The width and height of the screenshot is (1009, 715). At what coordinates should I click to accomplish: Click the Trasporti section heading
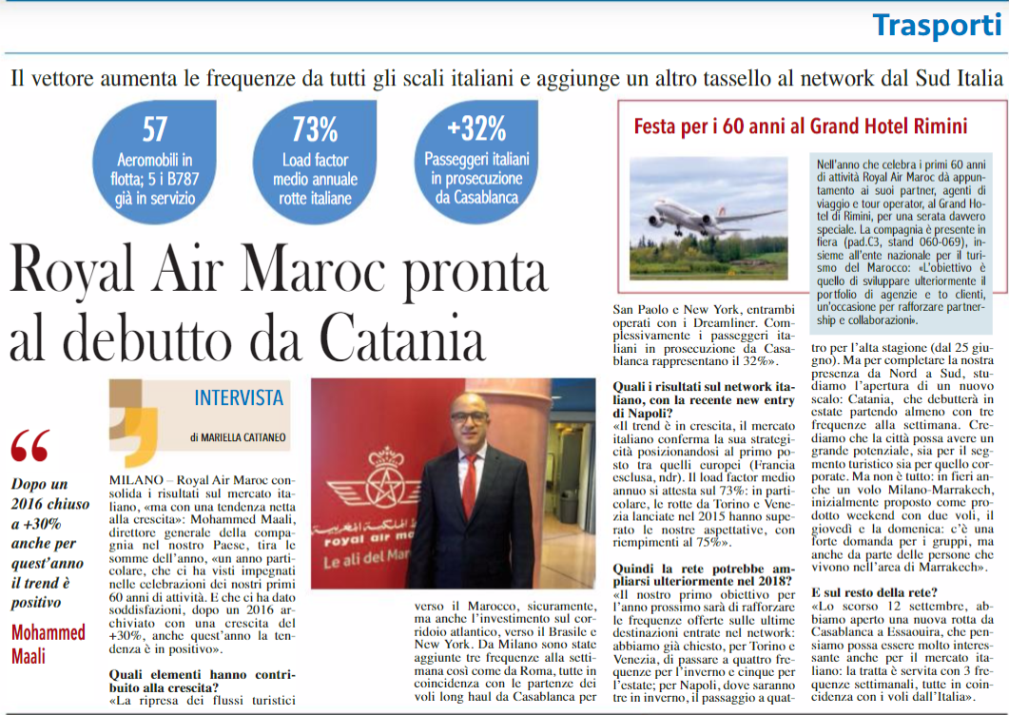[937, 25]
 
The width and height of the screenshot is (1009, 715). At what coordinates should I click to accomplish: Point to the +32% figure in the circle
[476, 127]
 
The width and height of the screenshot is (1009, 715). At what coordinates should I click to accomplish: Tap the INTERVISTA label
[239, 397]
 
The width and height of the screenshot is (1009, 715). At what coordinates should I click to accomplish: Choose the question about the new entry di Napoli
[704, 400]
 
